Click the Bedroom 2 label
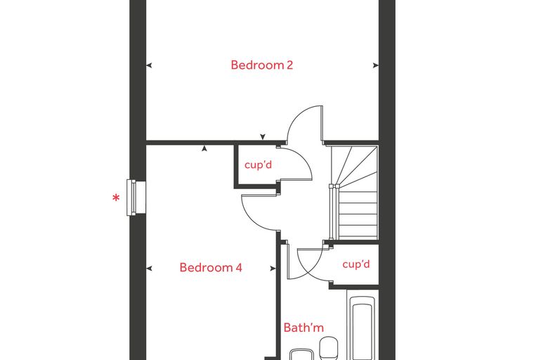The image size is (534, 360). [x=261, y=65]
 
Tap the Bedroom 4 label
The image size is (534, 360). [x=211, y=267]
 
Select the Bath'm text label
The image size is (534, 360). [x=304, y=328]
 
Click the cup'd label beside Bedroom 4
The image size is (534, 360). [x=258, y=165]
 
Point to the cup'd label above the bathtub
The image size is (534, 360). [x=356, y=264]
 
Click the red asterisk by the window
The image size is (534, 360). [x=117, y=198]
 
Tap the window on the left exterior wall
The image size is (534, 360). [x=136, y=198]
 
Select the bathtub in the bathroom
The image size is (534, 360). [x=363, y=328]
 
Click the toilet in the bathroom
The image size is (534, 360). [x=329, y=348]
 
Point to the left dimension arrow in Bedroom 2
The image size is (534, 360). [x=149, y=65]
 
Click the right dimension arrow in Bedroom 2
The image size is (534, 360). [x=376, y=65]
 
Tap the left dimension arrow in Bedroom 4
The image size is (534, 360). [x=149, y=269]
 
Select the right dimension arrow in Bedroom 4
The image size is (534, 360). [x=273, y=269]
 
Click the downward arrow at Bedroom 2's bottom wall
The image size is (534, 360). [x=263, y=136]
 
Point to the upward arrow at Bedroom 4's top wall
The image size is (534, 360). [x=204, y=148]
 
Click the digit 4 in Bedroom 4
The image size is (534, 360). [x=239, y=267]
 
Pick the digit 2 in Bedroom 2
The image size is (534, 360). [x=289, y=65]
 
